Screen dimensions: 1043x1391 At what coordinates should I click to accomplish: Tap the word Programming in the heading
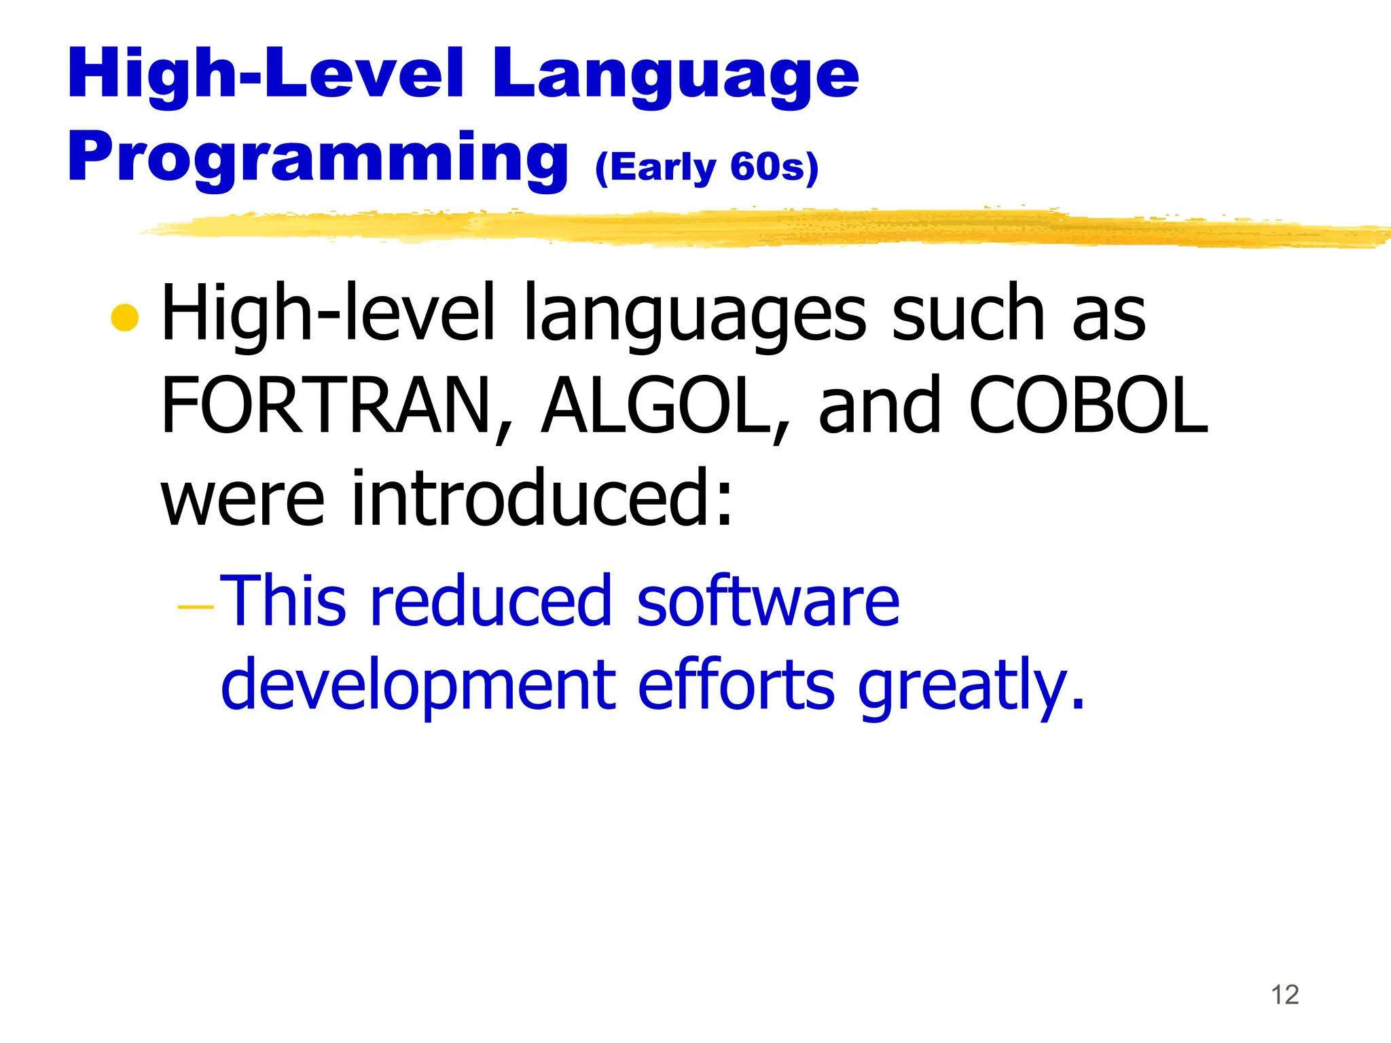(317, 158)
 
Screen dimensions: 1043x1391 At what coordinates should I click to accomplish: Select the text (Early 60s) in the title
(707, 167)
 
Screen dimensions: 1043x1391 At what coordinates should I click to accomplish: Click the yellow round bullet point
(125, 318)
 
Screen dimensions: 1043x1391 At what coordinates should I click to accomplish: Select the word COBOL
(1088, 406)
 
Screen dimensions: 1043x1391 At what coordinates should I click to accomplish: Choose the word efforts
(736, 684)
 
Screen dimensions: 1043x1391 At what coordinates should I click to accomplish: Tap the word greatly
(970, 686)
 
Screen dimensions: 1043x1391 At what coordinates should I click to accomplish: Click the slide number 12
(1284, 995)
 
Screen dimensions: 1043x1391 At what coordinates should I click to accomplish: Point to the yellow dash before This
(195, 606)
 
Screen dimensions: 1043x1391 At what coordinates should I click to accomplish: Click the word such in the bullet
(967, 314)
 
